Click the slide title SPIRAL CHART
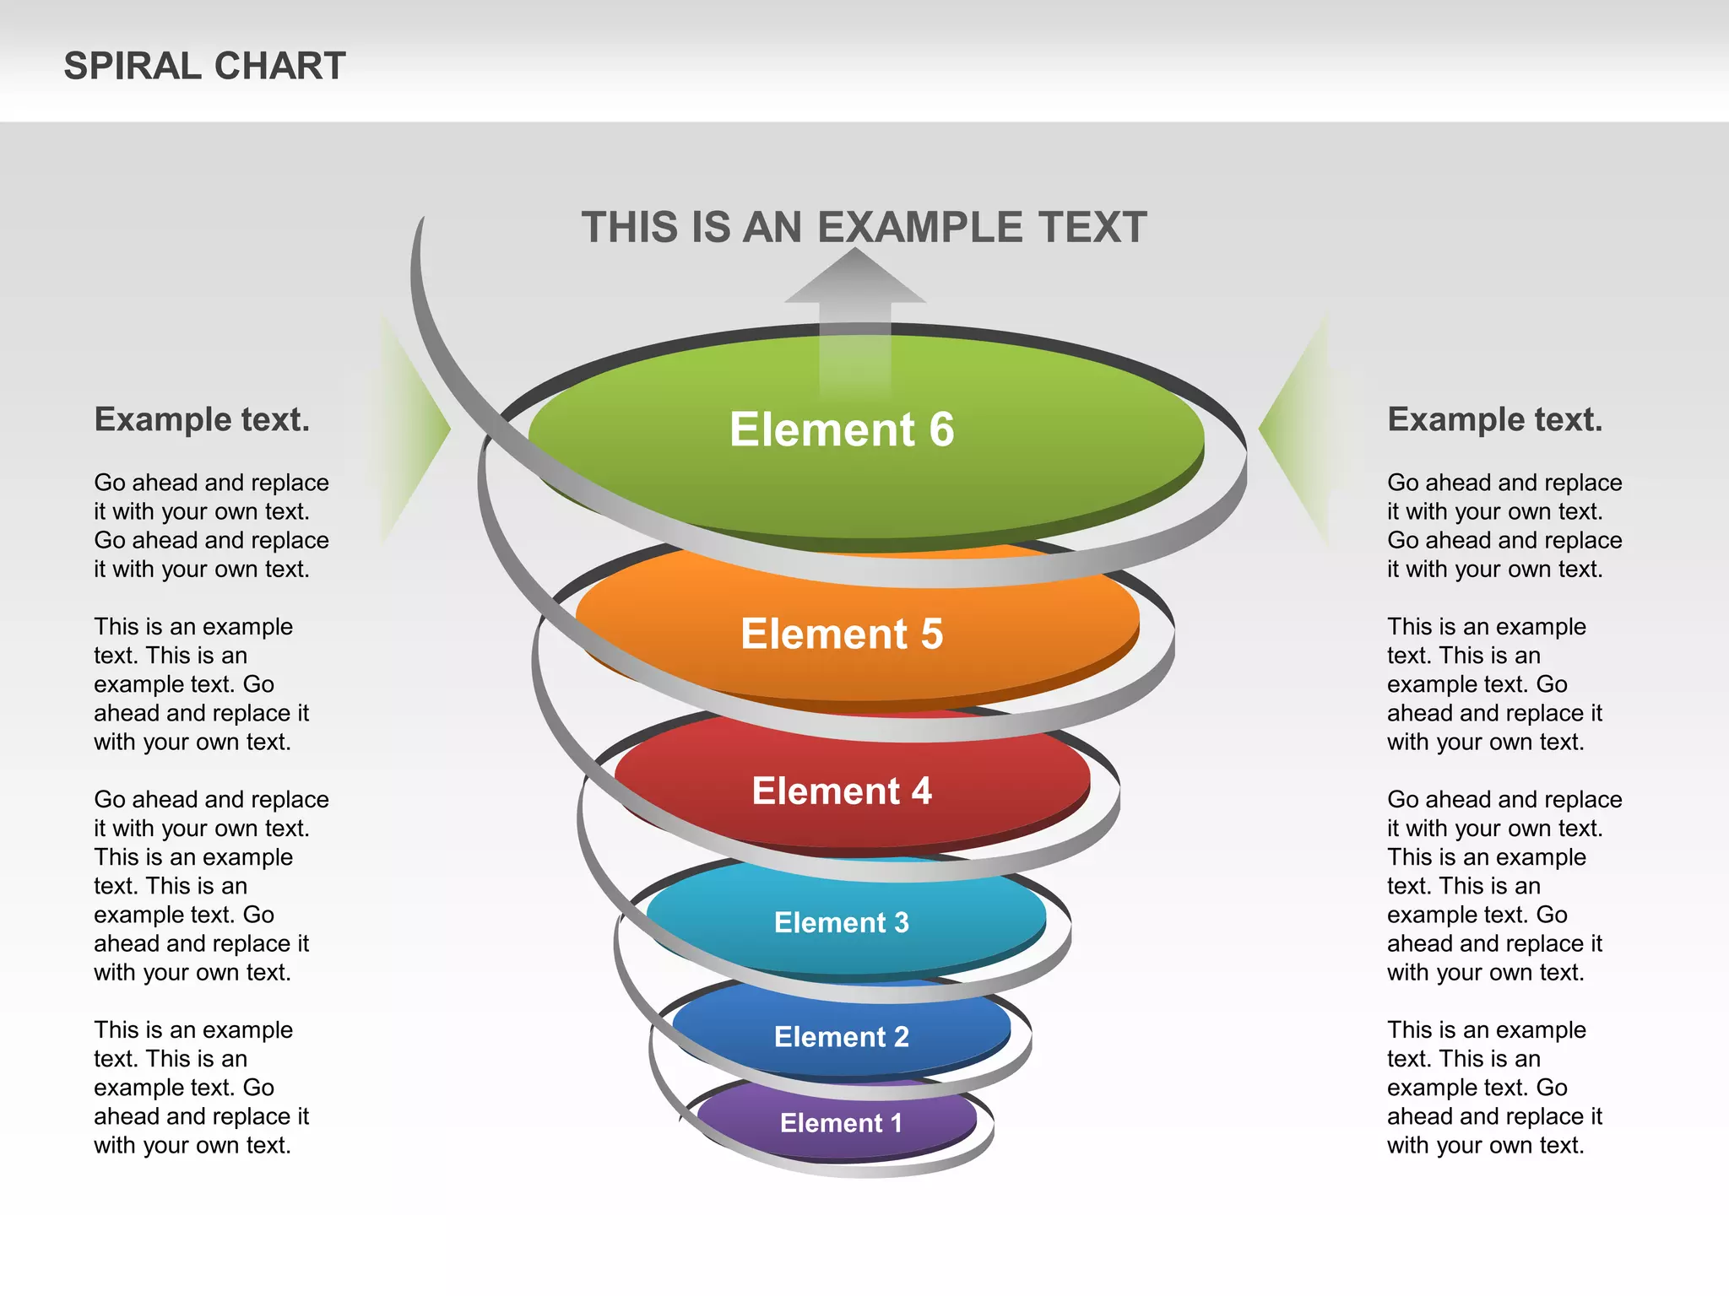click(204, 66)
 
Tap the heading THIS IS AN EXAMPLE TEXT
click(864, 228)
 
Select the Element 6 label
click(842, 429)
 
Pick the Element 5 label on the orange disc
click(842, 634)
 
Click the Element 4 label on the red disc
click(842, 791)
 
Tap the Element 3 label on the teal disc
click(842, 922)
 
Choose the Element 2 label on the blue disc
click(842, 1037)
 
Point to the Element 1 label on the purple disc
click(841, 1123)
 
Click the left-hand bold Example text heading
click(202, 419)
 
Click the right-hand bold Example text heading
click(1494, 419)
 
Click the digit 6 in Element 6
click(941, 429)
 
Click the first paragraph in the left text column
click(211, 526)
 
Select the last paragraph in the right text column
click(1494, 1088)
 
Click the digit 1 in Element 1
click(896, 1123)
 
